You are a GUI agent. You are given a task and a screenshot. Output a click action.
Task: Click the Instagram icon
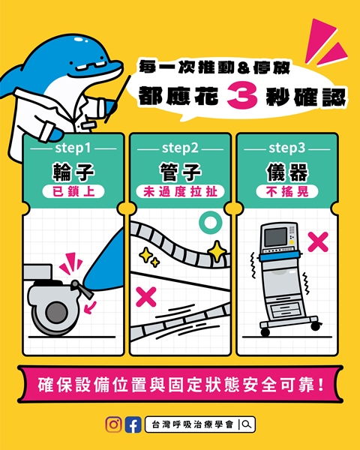click(x=113, y=424)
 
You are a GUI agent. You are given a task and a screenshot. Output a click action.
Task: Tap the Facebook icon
click(x=133, y=424)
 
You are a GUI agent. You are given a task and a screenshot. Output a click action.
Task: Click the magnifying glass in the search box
click(x=247, y=424)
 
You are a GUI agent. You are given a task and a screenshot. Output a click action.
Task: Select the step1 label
click(x=73, y=148)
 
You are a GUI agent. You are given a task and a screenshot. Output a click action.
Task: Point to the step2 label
click(x=180, y=148)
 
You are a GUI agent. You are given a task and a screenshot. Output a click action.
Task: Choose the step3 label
click(x=286, y=148)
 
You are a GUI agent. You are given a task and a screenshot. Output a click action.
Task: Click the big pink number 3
click(x=242, y=95)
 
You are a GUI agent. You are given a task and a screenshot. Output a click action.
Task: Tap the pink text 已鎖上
click(x=73, y=192)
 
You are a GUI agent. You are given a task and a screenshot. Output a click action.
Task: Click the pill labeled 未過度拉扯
click(x=180, y=192)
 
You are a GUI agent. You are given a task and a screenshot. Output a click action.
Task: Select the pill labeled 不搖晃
click(x=287, y=192)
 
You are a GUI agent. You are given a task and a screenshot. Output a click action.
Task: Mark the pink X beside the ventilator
click(x=318, y=242)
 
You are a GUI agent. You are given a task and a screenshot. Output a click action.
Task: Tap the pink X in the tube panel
click(x=146, y=297)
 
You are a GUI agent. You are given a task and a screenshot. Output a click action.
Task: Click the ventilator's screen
click(x=275, y=237)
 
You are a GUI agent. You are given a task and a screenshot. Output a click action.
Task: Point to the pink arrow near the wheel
click(x=90, y=307)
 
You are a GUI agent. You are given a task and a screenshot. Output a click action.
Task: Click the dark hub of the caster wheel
click(x=56, y=313)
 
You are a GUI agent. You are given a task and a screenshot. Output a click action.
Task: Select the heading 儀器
click(x=287, y=172)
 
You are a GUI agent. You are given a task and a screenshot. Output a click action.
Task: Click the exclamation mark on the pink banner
click(x=321, y=385)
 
